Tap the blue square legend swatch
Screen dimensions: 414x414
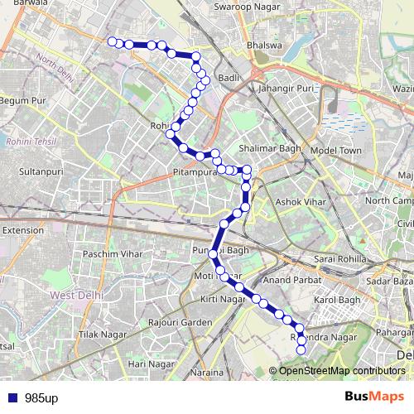coord(12,397)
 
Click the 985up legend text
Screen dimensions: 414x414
coord(41,397)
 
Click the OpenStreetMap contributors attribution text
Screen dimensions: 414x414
coord(342,370)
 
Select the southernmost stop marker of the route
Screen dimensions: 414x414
coord(301,350)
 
